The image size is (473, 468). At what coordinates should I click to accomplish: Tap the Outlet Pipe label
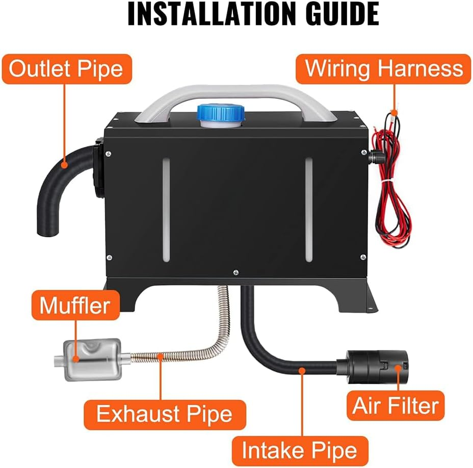[x=66, y=69]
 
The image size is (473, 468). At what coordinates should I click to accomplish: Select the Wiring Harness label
[x=384, y=69]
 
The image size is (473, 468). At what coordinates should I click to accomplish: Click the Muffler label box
[x=75, y=306]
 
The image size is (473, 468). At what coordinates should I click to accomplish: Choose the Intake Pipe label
[x=299, y=451]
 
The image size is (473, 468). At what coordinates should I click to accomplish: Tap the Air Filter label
[x=395, y=406]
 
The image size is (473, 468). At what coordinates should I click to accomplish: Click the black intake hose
[x=275, y=352]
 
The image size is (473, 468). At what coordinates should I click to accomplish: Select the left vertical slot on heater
[x=165, y=210]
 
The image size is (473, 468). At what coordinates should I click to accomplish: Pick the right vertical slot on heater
[x=307, y=210]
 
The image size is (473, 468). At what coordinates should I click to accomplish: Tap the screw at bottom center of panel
[x=235, y=272]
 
